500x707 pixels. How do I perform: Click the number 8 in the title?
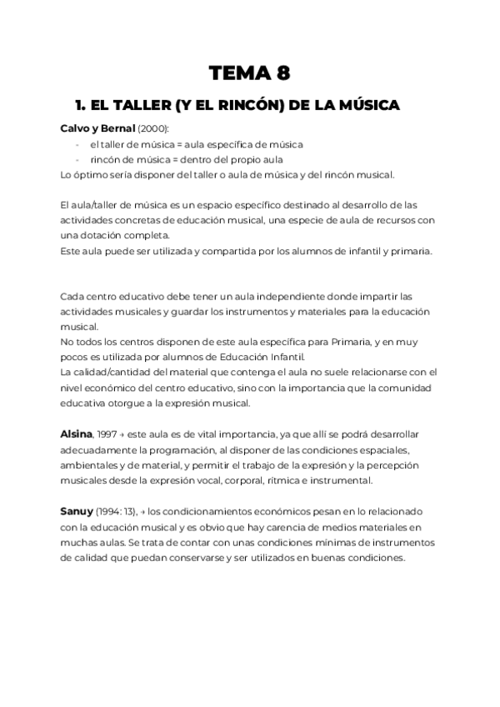pos(283,73)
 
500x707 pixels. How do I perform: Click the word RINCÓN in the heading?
pos(237,106)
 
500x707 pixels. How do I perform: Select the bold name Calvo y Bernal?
pos(98,128)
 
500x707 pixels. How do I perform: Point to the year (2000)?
pos(153,128)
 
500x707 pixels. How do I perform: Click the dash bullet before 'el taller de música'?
pos(77,144)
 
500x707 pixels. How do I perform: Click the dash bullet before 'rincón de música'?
pos(77,159)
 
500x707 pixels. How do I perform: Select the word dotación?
pos(104,235)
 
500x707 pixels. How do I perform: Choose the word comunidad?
pos(397,388)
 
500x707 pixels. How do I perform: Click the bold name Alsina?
pos(77,434)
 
